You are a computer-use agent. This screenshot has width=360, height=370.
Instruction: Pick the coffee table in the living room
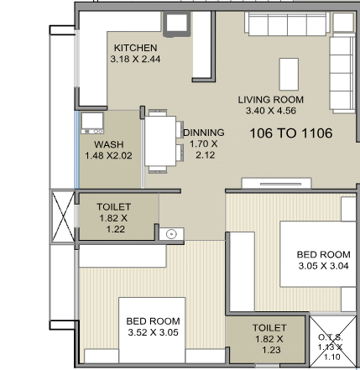point(289,73)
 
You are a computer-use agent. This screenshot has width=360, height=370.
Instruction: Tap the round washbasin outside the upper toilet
point(171,235)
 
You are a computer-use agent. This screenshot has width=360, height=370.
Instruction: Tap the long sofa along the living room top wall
point(285,26)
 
